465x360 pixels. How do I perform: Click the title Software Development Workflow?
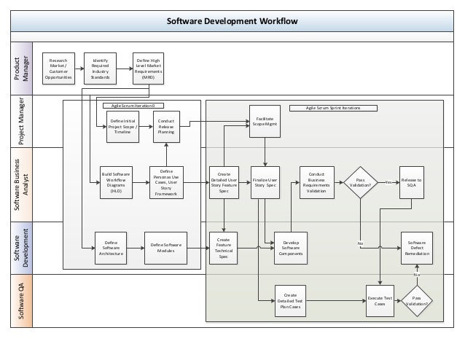[232, 20]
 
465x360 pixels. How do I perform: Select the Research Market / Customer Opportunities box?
[58, 68]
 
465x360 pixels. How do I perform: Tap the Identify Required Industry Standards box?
[100, 68]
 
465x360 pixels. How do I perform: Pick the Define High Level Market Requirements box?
[149, 68]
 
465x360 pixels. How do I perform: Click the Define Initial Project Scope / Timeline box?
[122, 125]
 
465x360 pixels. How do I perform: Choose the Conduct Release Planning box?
[166, 125]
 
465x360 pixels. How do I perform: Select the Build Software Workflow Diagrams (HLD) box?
[117, 183]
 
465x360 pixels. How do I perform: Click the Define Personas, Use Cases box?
[166, 183]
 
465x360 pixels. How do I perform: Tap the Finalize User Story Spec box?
[265, 183]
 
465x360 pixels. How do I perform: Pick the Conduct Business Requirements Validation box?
[316, 182]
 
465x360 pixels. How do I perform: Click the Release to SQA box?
[411, 182]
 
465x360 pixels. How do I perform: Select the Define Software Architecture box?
[112, 247]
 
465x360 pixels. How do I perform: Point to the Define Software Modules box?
[166, 247]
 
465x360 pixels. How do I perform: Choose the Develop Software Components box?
[291, 247]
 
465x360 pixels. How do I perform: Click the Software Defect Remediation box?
[417, 247]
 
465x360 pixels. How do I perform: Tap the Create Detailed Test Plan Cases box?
[291, 300]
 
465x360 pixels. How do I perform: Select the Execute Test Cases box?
[380, 300]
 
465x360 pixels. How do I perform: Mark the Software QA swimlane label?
[21, 300]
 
